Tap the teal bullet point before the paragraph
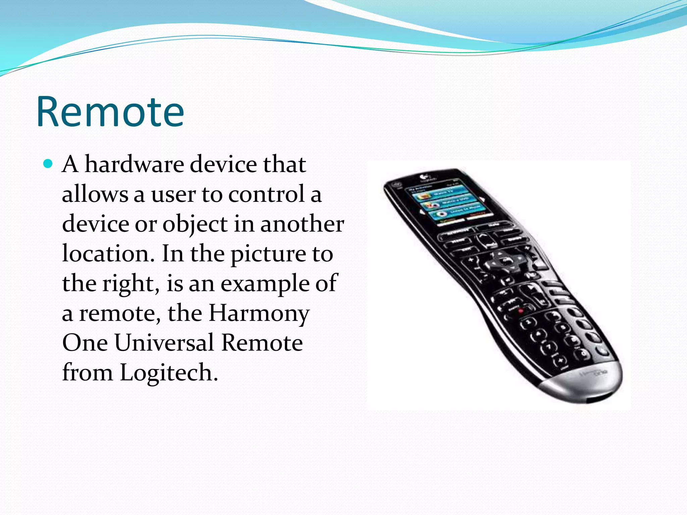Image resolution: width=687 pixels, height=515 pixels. (49, 164)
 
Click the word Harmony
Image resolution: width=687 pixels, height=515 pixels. (259, 313)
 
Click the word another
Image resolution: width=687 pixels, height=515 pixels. (302, 224)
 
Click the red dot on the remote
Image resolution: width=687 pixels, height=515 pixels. (520, 311)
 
